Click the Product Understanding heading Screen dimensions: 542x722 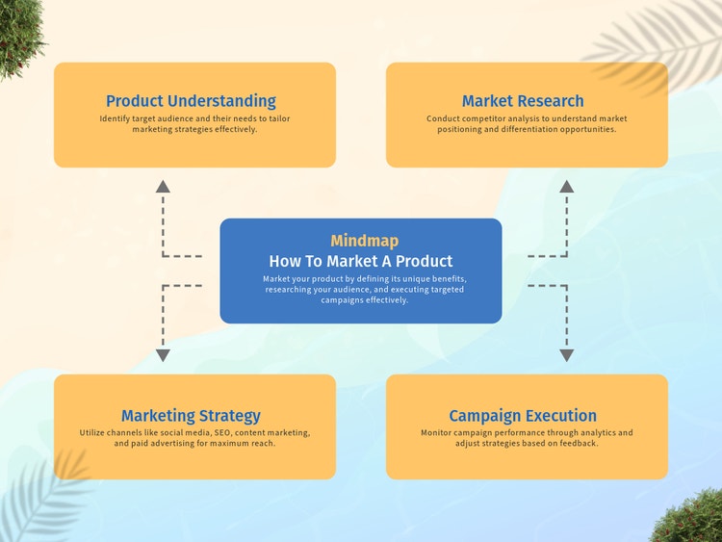[191, 101]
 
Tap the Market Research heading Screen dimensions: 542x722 [523, 101]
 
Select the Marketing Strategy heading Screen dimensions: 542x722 [191, 416]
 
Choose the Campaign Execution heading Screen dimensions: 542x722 [523, 416]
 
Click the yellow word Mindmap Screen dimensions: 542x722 [364, 241]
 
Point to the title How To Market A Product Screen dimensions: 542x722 [361, 261]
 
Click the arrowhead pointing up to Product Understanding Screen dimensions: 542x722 [163, 186]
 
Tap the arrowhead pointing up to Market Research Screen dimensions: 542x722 [566, 186]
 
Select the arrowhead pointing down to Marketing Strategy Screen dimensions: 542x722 [163, 355]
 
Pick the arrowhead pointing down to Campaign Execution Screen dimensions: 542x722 [566, 355]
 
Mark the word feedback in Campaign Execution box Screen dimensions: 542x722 [578, 444]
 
